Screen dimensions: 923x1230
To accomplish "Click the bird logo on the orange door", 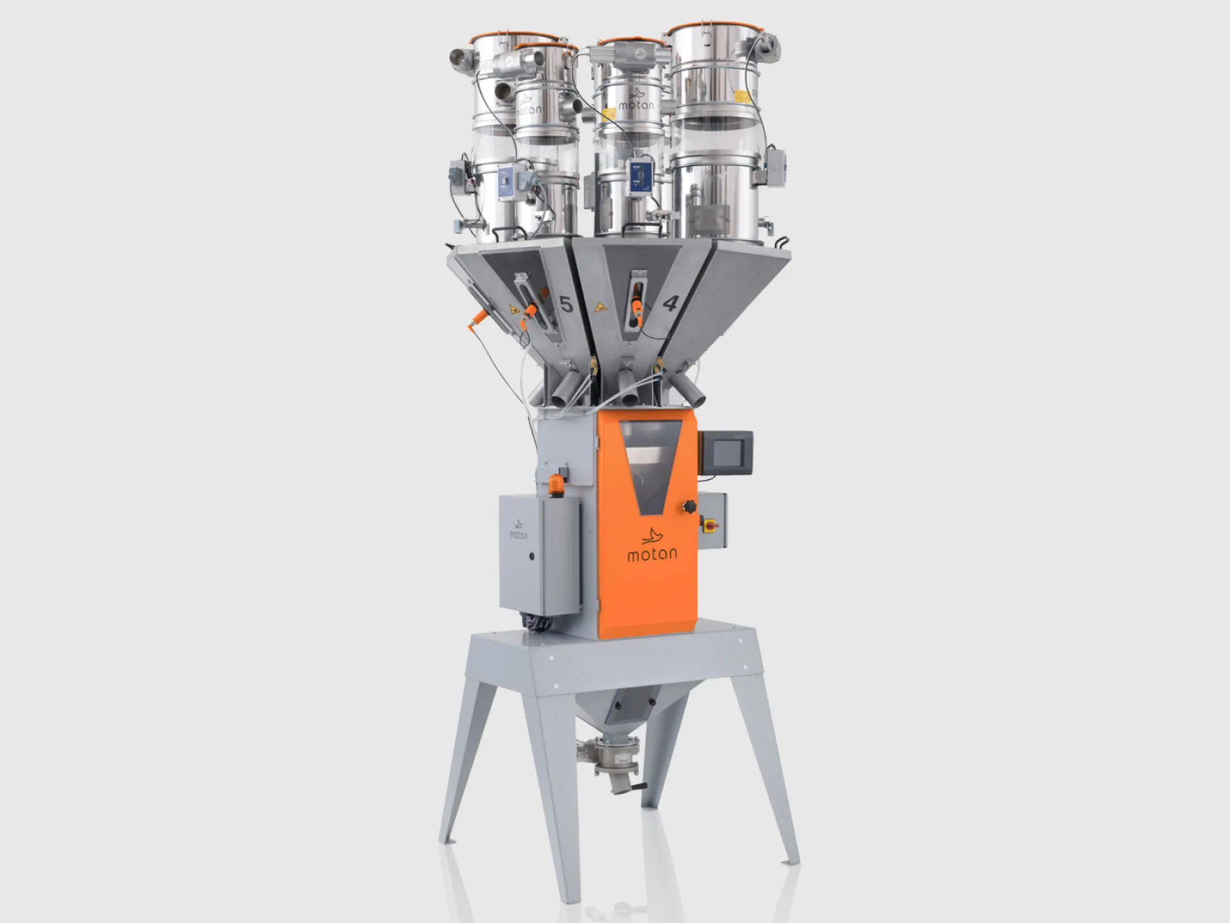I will pos(653,534).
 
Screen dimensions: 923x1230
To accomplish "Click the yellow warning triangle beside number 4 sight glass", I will pos(602,307).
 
